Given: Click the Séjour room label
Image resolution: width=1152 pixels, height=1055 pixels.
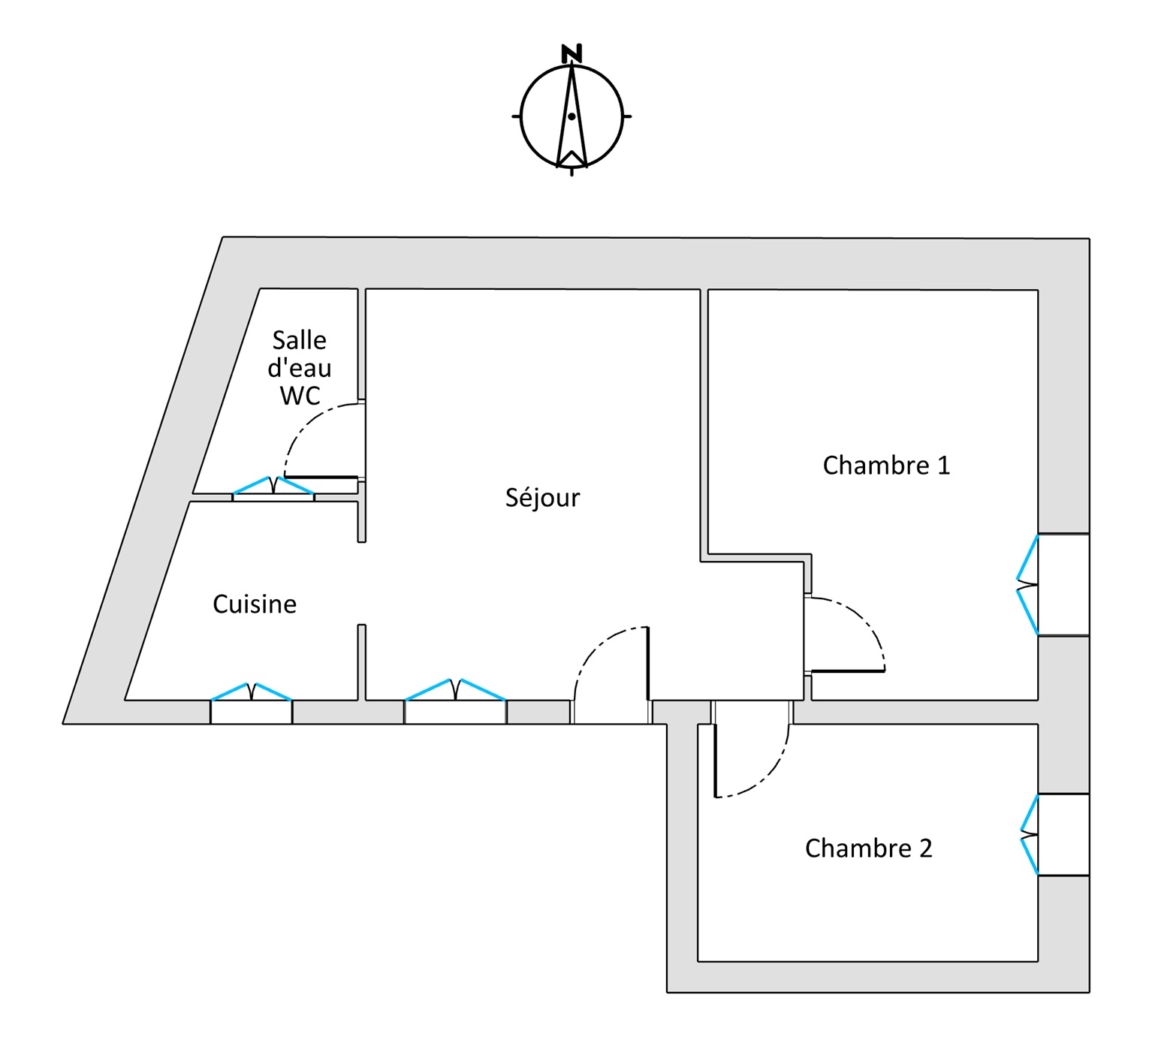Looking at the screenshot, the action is [x=542, y=497].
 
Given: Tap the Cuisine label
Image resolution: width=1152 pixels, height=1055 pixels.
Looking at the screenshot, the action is [x=255, y=604].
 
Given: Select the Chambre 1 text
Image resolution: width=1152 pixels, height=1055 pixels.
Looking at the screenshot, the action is [x=886, y=466].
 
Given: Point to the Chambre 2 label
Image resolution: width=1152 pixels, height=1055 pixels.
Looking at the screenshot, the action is [x=868, y=849].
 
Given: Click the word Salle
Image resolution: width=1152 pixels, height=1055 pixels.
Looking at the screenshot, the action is [x=299, y=341].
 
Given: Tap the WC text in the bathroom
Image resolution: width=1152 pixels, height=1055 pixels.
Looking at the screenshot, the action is [x=300, y=396].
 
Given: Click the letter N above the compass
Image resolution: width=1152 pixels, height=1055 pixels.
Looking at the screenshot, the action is [x=571, y=53].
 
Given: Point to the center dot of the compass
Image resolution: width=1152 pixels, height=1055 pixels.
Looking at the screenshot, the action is [x=571, y=116].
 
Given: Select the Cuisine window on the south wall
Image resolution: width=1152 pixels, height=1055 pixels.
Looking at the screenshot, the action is [x=251, y=703].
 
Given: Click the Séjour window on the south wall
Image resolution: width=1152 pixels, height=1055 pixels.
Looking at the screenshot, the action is [x=455, y=701].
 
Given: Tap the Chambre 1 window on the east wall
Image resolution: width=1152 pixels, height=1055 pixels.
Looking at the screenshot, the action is [x=1053, y=585].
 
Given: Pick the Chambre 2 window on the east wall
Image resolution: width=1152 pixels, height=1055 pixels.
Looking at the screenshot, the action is [x=1055, y=835].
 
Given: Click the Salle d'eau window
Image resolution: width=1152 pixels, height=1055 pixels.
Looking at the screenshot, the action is [x=273, y=489].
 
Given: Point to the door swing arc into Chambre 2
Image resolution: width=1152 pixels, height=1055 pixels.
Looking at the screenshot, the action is [x=770, y=776].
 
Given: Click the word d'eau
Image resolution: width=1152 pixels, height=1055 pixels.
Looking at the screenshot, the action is [x=299, y=368].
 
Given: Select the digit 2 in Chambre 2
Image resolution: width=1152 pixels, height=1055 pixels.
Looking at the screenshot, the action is [x=925, y=849].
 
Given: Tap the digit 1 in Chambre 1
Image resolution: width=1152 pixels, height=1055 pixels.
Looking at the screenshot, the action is [x=943, y=466].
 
